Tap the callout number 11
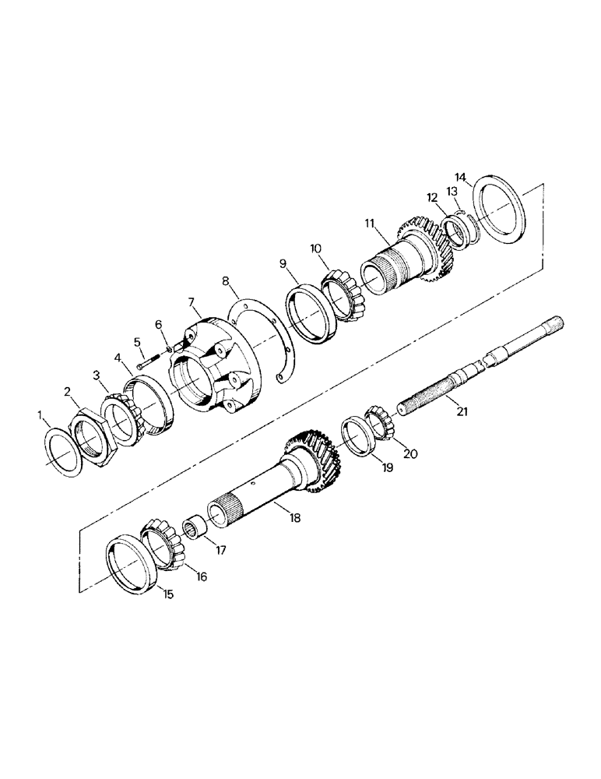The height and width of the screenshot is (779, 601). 370,223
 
